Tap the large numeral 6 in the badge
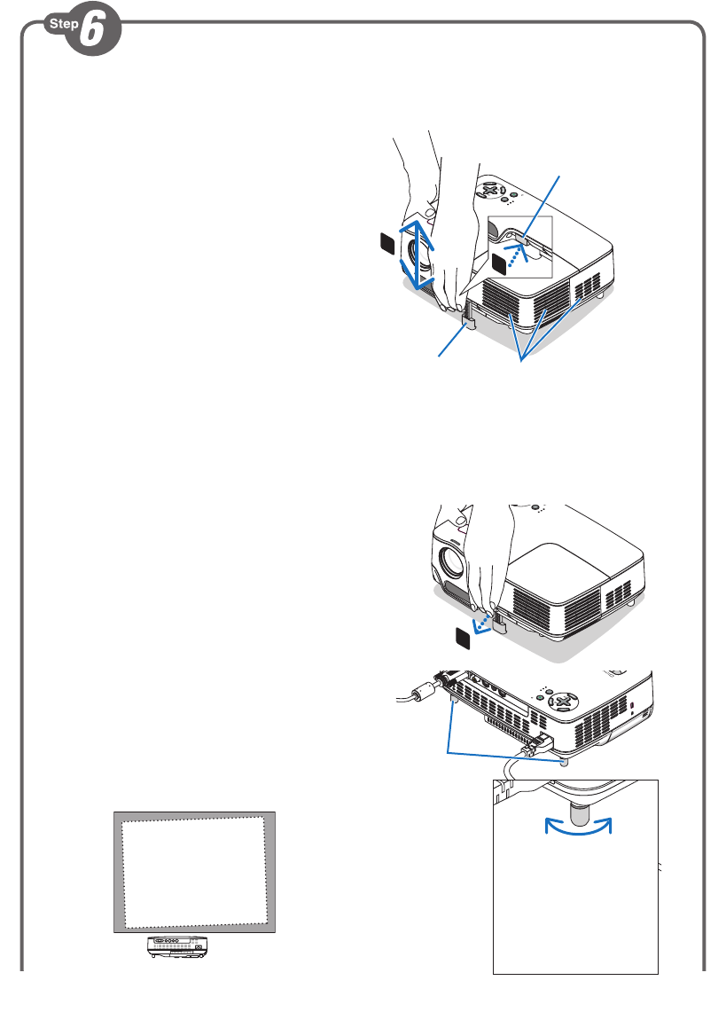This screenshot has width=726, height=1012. point(91,34)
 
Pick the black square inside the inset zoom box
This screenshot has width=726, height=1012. point(502,261)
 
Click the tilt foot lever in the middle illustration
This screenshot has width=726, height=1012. point(497,621)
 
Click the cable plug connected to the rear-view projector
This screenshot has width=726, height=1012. point(537,743)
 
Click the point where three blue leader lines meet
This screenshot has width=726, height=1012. point(523,360)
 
